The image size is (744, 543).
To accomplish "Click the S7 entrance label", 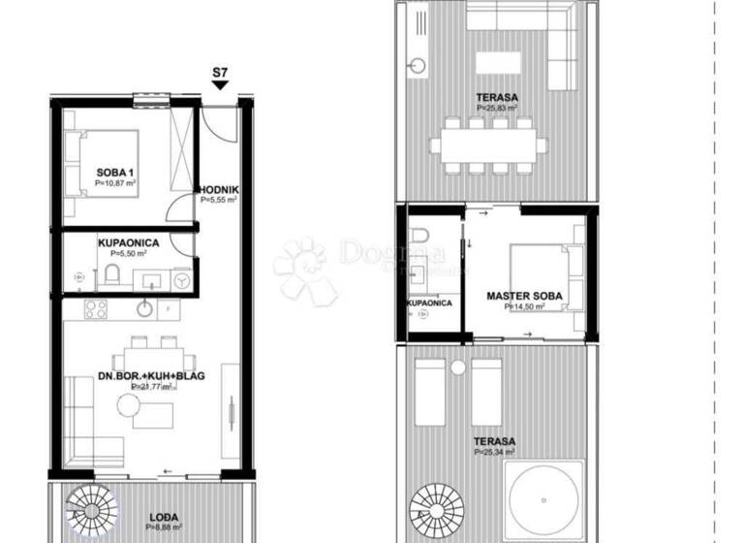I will point(220,73).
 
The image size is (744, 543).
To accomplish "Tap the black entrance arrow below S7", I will point(220,87).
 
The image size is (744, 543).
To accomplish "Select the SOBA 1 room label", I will point(113,173).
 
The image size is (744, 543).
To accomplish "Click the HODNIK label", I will point(218,189).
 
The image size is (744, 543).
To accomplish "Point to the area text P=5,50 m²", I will point(127,253).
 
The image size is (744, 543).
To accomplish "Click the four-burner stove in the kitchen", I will point(96,310).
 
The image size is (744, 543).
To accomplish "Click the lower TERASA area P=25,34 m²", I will point(495,452).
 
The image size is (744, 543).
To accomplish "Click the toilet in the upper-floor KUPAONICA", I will point(419,236).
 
